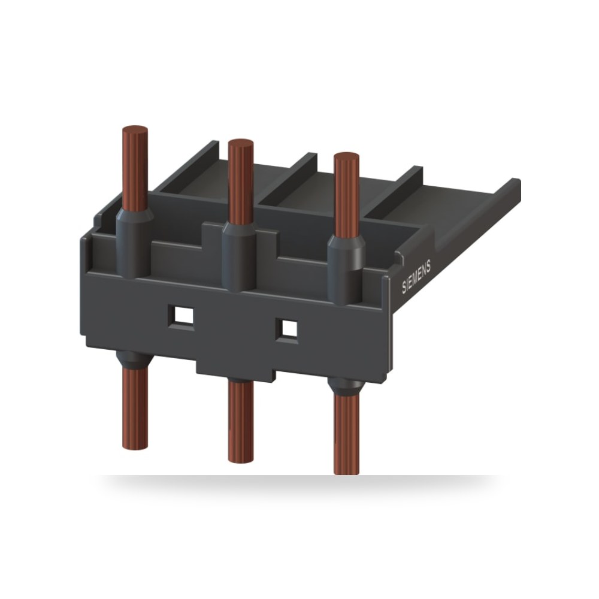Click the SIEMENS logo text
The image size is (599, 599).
point(416,277)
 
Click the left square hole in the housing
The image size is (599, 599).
point(181,316)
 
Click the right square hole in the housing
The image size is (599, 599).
point(288,329)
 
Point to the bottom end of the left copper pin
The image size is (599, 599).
point(135,447)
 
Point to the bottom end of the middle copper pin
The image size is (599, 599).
point(241,460)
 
